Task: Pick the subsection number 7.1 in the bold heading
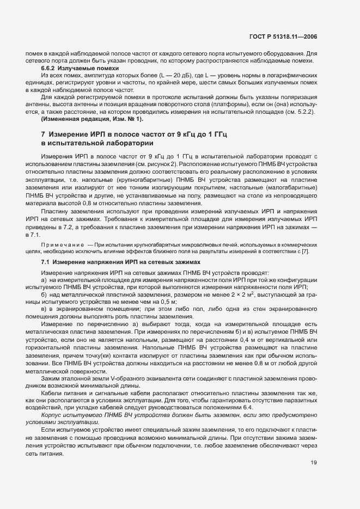click(x=46, y=262)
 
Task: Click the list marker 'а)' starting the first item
click(x=45, y=279)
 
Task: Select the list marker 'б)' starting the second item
click(x=45, y=294)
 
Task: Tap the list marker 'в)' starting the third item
click(x=45, y=309)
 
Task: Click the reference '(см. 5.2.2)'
click(x=301, y=112)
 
